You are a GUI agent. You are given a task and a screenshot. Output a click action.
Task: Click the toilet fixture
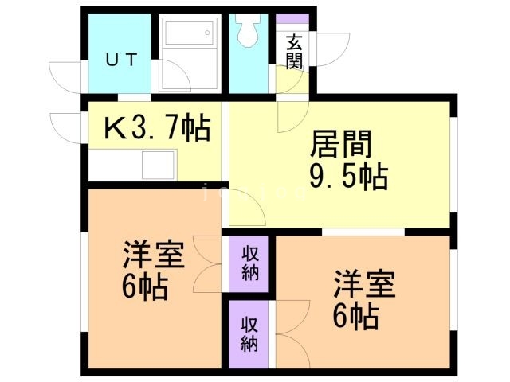[x=245, y=33]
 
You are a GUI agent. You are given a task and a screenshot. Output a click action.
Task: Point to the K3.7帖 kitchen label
[x=157, y=127]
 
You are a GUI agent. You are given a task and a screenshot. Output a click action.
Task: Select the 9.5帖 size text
[x=347, y=176]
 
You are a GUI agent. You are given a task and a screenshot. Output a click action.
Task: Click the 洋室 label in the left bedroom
[x=154, y=256]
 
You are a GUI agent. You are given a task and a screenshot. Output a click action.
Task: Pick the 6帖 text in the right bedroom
[x=355, y=317]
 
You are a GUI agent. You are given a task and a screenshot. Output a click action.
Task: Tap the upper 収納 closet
[x=249, y=264]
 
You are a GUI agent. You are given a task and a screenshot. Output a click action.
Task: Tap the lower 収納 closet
[x=249, y=333]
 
